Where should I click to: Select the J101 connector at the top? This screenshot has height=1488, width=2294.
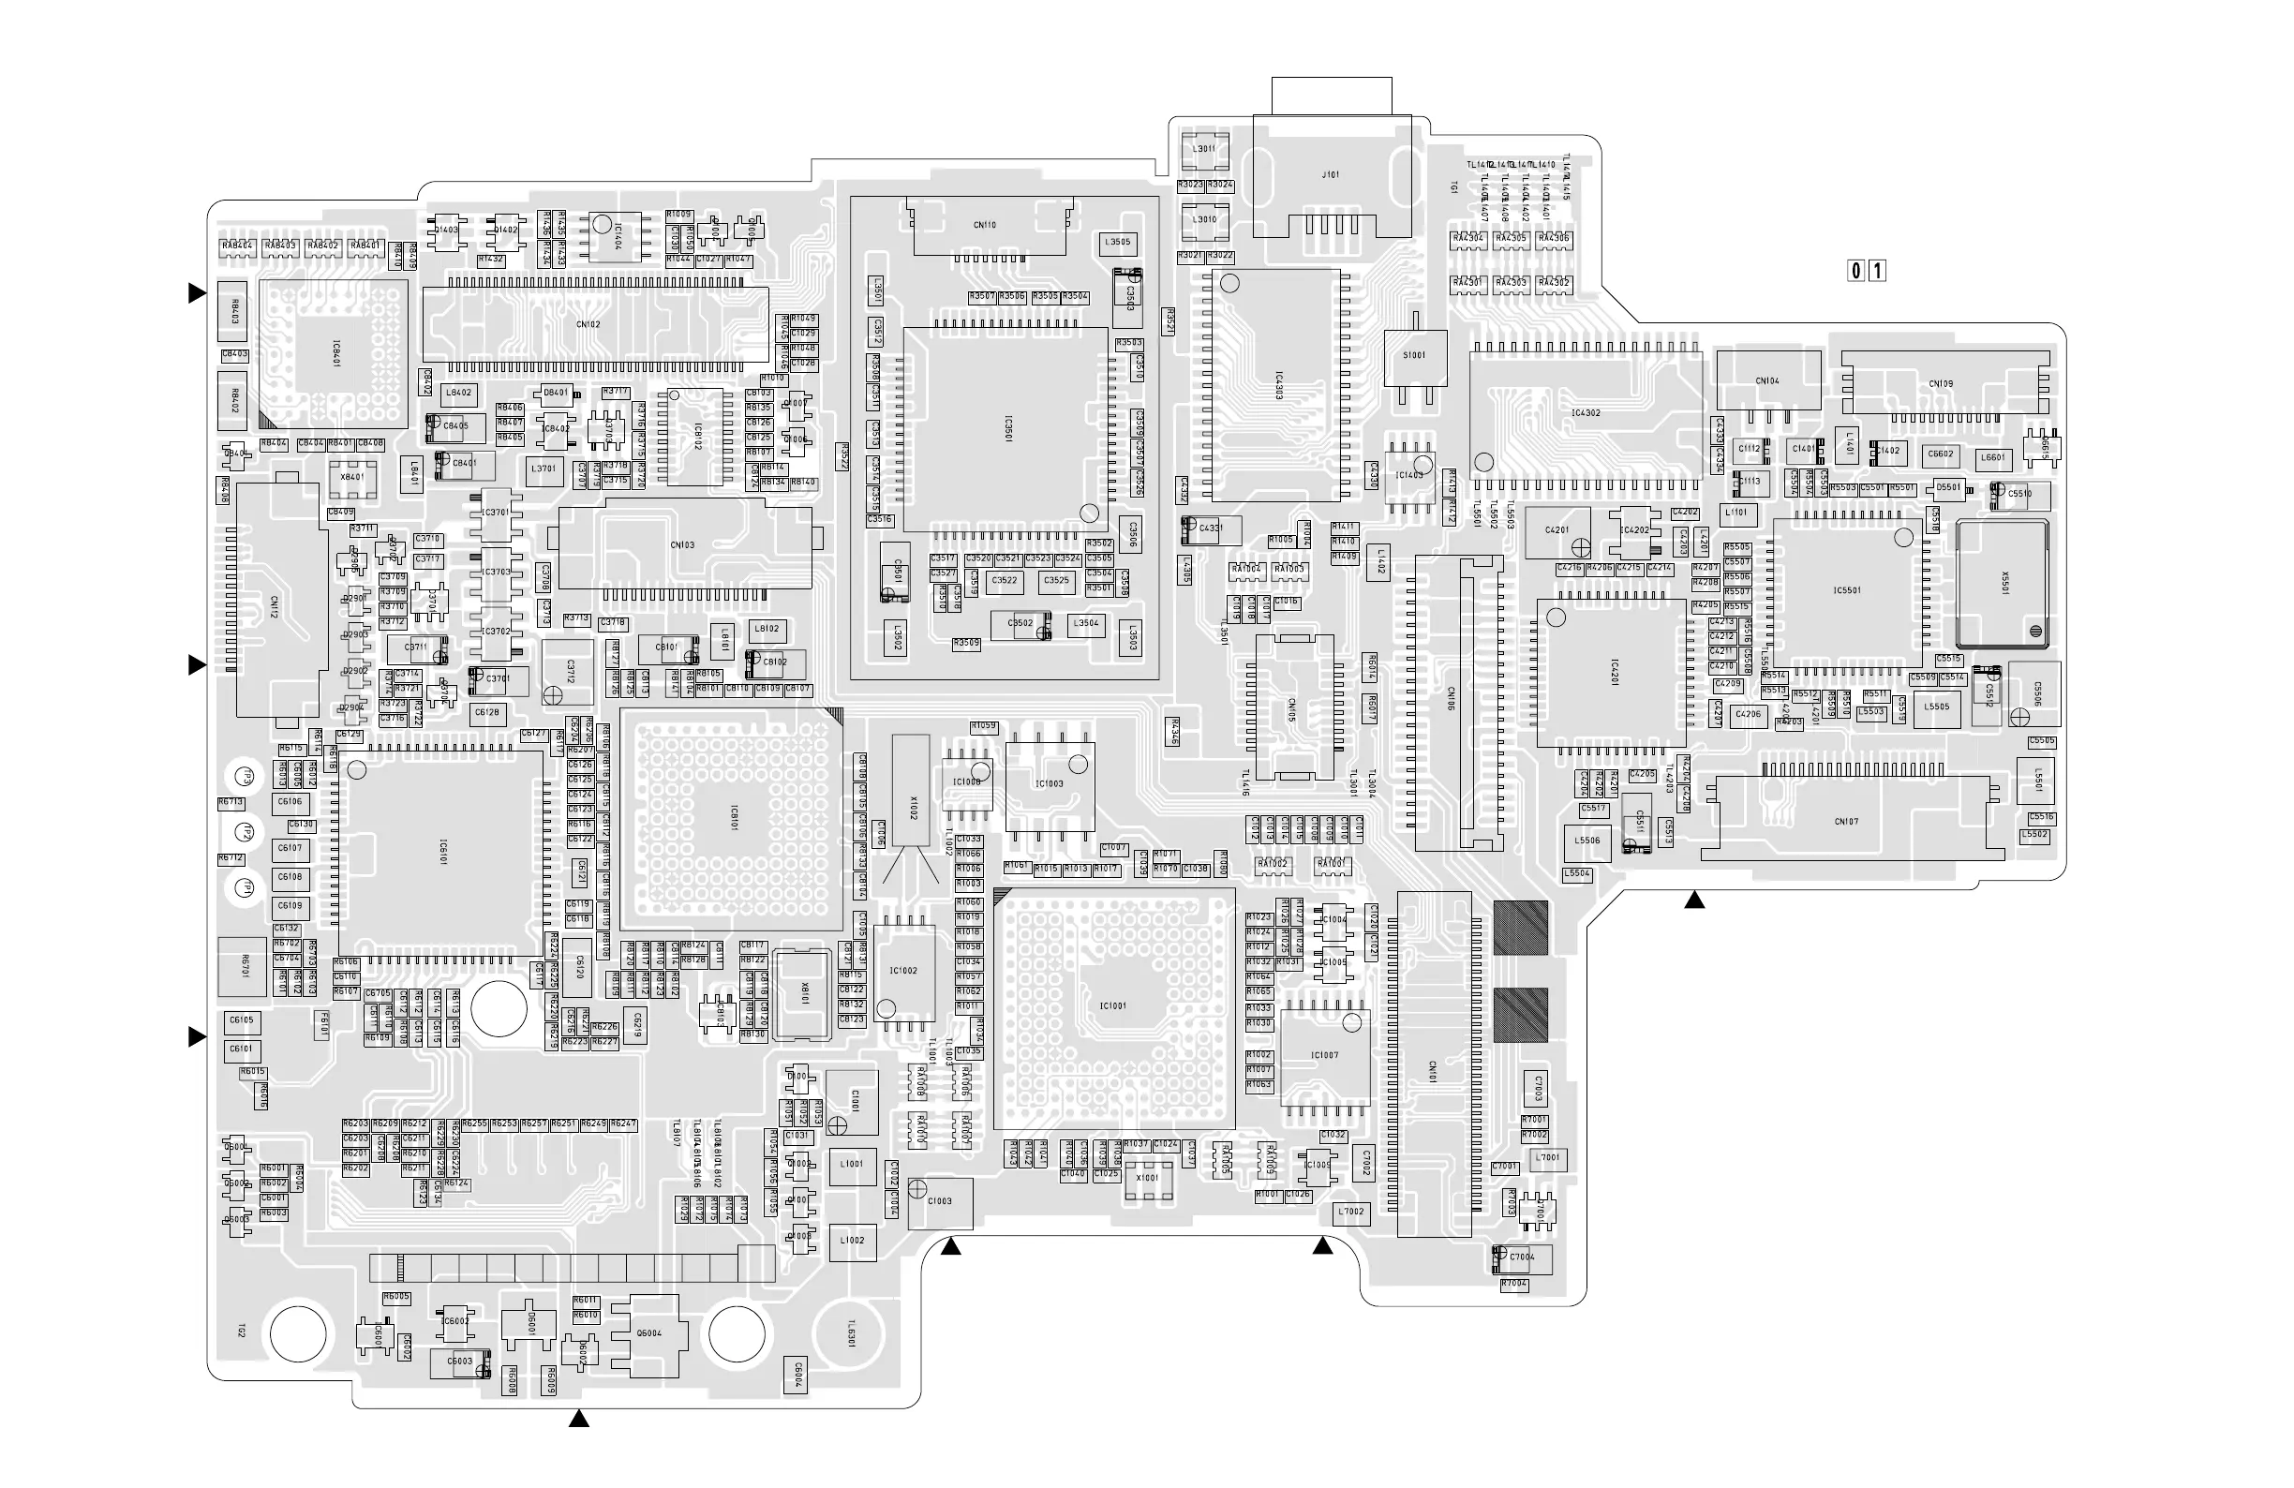tap(1330, 175)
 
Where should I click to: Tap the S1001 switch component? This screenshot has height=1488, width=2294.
tap(1414, 356)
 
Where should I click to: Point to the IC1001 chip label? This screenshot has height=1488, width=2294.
tap(1113, 1006)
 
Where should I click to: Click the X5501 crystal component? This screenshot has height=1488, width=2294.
tap(2003, 583)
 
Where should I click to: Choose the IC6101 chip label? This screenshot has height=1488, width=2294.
tap(442, 852)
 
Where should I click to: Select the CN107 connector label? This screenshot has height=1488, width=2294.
tap(1847, 822)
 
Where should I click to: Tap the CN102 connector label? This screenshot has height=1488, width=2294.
tap(588, 325)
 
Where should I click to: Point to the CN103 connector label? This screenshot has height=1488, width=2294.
tap(682, 545)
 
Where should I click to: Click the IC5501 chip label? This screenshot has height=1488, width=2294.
tap(1847, 590)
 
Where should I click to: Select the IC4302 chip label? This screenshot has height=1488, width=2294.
tap(1586, 413)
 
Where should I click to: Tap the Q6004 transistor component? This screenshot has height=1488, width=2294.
tap(649, 1333)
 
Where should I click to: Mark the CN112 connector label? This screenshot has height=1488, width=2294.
tap(274, 607)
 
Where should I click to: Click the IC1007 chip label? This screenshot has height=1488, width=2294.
tap(1324, 1055)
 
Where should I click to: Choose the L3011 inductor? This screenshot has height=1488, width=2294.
tap(1204, 149)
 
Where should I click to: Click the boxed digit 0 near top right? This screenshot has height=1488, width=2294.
tap(1855, 271)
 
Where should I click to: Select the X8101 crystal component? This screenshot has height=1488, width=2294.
tap(803, 994)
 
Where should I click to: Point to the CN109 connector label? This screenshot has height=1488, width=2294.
tap(1941, 384)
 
